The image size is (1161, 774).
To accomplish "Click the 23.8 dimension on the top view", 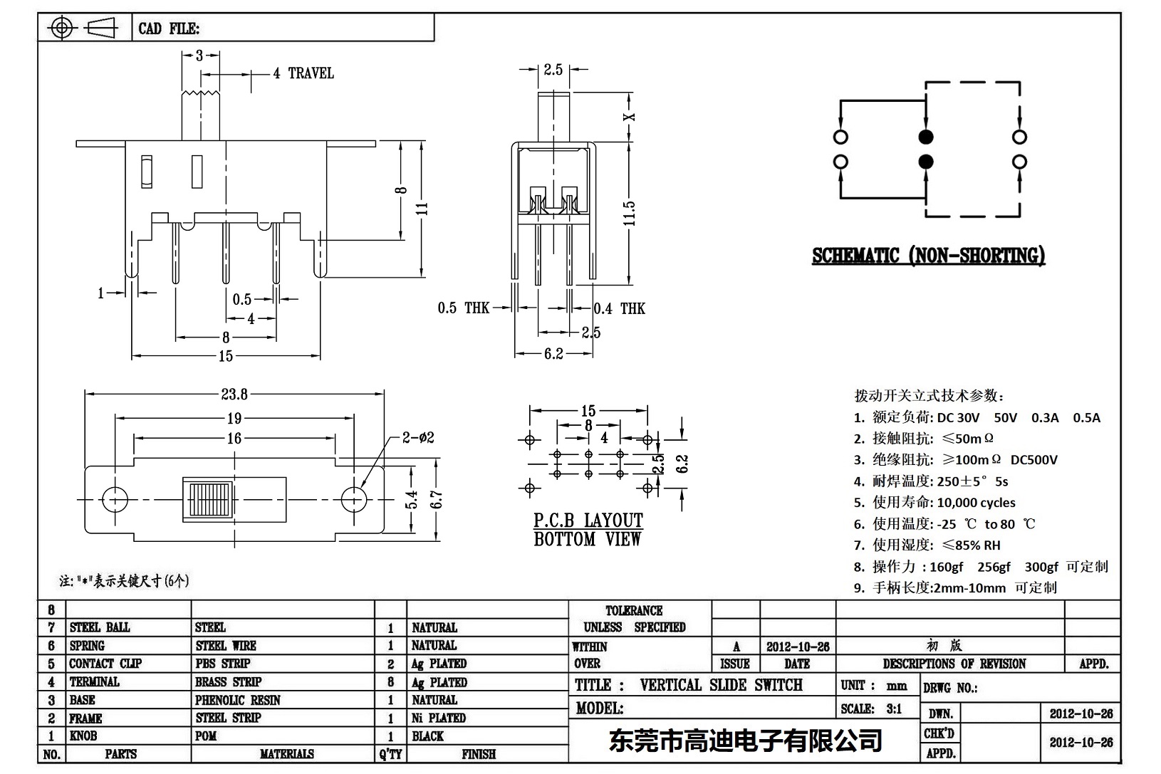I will (234, 394).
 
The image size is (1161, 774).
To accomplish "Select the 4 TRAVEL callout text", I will (303, 73).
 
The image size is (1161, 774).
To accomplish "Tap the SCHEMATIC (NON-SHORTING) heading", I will (928, 256).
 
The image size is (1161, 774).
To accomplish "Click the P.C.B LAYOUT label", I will (588, 521).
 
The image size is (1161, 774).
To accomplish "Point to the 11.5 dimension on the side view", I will (629, 214).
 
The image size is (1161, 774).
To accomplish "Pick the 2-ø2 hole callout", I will (418, 438).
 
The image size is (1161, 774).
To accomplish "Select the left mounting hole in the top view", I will (115, 500).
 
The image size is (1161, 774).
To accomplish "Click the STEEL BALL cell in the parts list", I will (100, 627).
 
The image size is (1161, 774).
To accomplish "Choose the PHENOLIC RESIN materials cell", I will (238, 700).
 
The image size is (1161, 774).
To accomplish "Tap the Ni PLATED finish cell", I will (438, 718).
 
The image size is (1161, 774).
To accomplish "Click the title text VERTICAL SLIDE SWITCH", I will (721, 685).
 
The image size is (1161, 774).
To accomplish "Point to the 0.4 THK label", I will (620, 308).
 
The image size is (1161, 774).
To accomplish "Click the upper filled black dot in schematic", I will (925, 137).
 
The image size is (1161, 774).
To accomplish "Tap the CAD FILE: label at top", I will (169, 28).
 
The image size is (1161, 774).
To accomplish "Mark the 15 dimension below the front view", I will (226, 355).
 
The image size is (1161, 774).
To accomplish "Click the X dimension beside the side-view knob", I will (629, 117).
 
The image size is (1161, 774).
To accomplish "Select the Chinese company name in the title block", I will (745, 741).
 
